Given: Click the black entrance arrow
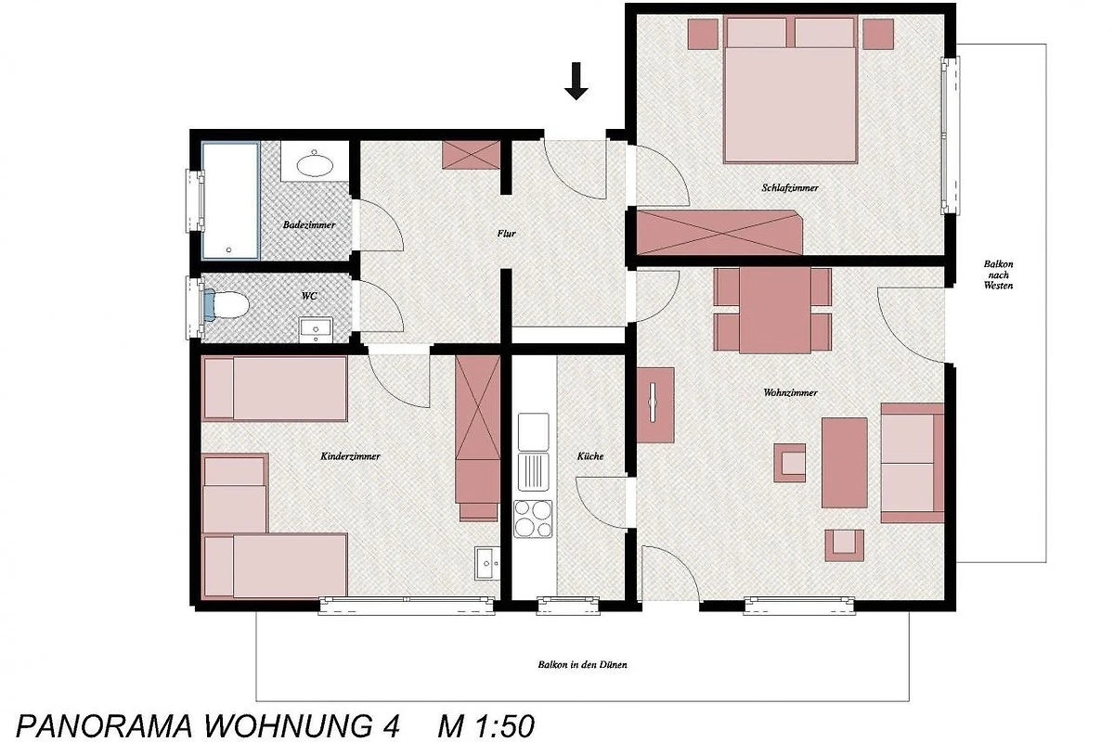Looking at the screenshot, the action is point(576,81).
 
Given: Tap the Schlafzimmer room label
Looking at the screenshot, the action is point(790,188).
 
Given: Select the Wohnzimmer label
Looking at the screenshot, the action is point(790,392).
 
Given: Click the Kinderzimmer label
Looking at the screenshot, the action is point(350,456).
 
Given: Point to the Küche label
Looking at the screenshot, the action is point(590,455).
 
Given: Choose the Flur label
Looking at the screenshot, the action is point(506,233).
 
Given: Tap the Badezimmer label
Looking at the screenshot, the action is point(309,224).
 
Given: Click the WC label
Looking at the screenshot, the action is point(309,296).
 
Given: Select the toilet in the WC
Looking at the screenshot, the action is point(227,305).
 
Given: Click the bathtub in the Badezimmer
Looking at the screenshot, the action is point(230,200).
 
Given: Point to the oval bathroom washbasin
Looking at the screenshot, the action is point(315,165).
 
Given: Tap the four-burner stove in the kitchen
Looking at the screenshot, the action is point(533,518).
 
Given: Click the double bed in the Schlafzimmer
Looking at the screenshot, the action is point(790,89).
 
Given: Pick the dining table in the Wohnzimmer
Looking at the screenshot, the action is point(775,310).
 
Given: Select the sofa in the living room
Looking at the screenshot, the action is point(912,463).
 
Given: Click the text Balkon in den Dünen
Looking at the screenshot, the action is point(582,664).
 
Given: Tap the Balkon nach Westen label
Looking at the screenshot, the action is point(998,275).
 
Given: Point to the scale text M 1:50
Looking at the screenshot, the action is point(486,726).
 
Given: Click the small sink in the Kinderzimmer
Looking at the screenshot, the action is point(487,563).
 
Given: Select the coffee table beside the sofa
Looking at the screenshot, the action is point(844,463).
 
